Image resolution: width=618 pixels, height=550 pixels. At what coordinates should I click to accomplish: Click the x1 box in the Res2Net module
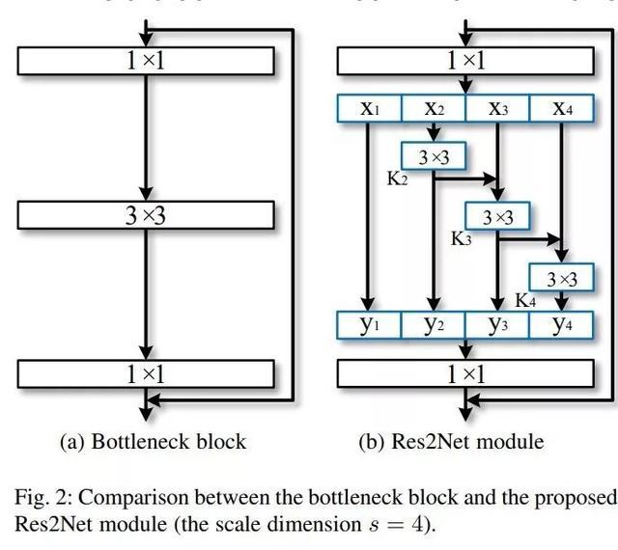tap(369, 108)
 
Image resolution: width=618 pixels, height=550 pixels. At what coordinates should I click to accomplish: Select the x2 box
tap(434, 108)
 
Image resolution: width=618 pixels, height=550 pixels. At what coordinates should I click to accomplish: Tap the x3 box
tap(497, 108)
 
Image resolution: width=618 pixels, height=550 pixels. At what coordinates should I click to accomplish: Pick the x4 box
tap(562, 108)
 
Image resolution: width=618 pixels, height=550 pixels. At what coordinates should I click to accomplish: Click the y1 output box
tap(369, 324)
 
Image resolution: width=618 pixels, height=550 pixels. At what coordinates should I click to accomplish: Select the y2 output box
tap(434, 324)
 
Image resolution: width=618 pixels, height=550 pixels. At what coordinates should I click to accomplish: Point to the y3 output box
tap(497, 324)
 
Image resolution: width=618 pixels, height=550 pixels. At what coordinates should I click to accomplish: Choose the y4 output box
tap(562, 324)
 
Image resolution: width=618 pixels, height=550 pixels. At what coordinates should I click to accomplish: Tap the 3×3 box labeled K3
tap(497, 217)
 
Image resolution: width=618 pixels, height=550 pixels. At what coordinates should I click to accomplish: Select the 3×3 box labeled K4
tap(561, 279)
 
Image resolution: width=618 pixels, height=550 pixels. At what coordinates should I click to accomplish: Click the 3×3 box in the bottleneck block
tap(145, 214)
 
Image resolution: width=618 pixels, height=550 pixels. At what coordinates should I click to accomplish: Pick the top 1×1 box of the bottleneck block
tap(145, 60)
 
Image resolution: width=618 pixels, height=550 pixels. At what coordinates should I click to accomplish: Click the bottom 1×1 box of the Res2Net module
tap(465, 373)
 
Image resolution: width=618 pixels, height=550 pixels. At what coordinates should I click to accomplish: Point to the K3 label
tap(462, 238)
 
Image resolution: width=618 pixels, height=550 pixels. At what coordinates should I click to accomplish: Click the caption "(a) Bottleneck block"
tap(153, 442)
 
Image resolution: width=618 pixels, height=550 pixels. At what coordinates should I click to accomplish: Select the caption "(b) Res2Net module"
tap(451, 442)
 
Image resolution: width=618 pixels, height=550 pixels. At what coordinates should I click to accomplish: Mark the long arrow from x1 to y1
tap(368, 212)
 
